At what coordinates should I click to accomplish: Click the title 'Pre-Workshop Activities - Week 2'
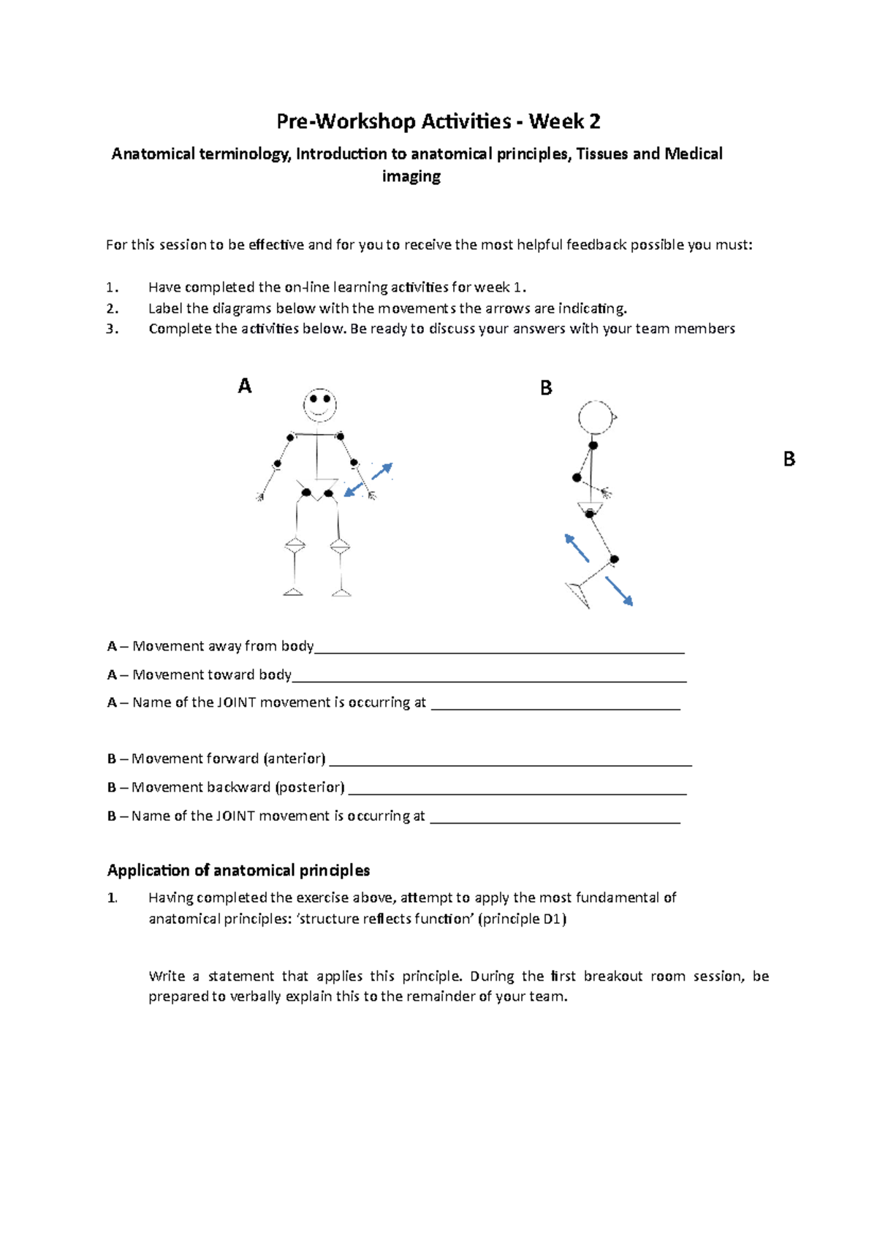coord(438,121)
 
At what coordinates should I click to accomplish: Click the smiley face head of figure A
coord(320,405)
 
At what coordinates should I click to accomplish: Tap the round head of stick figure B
coord(596,418)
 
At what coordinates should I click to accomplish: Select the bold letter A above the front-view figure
coord(245,386)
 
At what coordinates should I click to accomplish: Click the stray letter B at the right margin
coord(789,459)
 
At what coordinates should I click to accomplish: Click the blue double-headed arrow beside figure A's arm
coord(368,479)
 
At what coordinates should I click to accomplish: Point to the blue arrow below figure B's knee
coord(619,591)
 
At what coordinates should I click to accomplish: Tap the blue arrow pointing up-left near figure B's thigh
coord(577,548)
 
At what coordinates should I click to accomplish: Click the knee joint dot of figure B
coord(615,559)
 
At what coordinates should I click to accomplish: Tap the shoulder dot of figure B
coord(593,445)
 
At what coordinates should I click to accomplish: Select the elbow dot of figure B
coord(577,477)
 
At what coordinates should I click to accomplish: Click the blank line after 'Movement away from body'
coord(499,649)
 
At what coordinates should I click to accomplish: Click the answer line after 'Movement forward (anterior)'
coord(510,762)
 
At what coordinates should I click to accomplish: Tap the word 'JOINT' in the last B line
coord(235,816)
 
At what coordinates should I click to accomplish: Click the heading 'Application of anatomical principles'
coord(238,870)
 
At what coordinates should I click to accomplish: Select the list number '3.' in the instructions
coord(112,329)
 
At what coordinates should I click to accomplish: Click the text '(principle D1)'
coord(522,919)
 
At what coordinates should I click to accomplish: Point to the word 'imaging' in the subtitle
coord(411,176)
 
